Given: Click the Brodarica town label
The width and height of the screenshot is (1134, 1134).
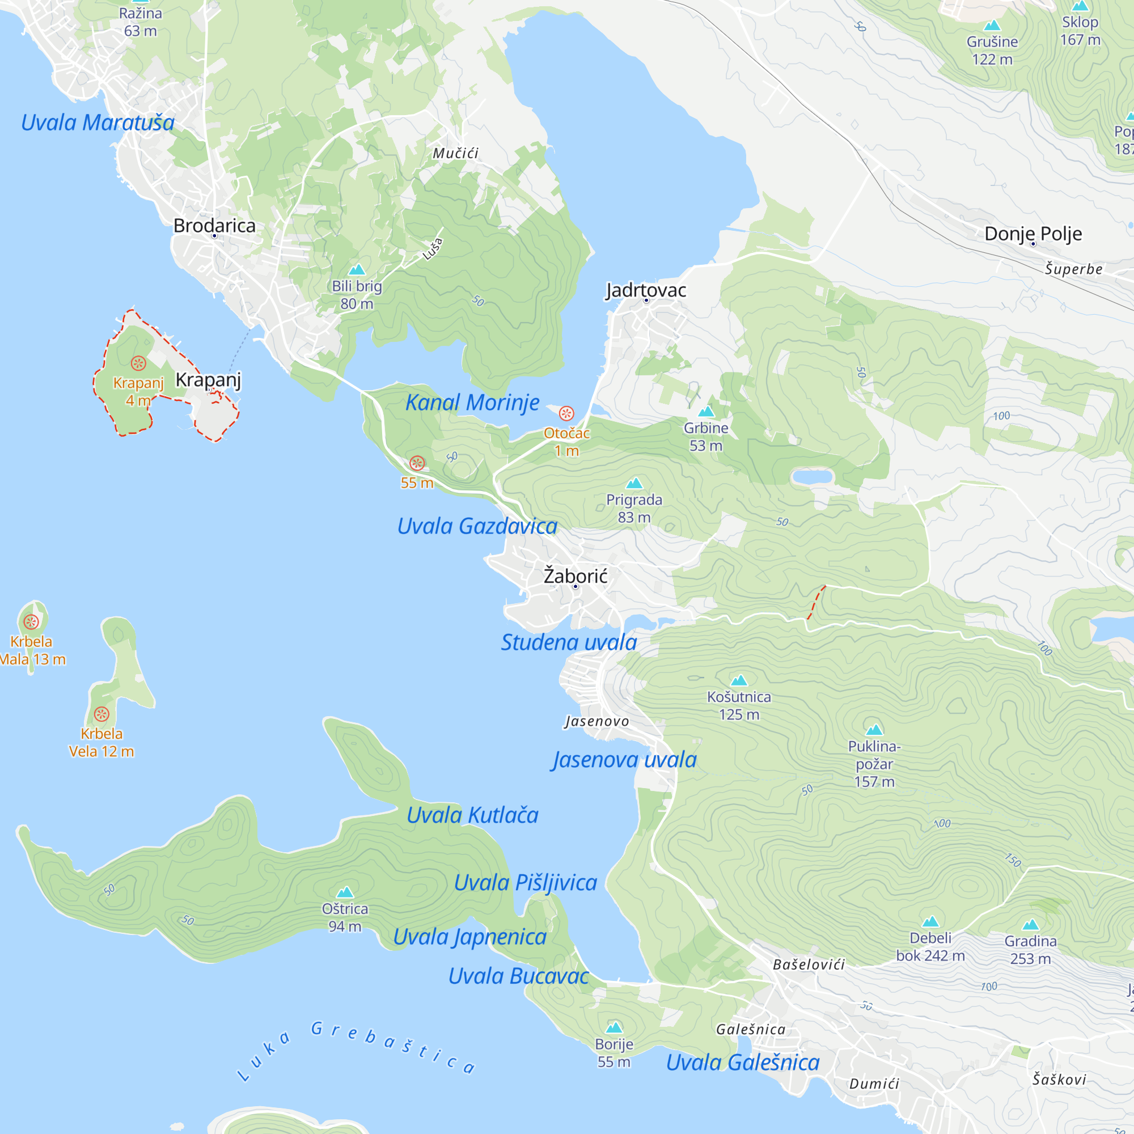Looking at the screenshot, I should (x=214, y=226).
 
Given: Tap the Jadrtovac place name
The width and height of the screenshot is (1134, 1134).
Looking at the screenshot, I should (x=646, y=290).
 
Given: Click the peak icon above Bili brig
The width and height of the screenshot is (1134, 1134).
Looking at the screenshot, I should (x=357, y=270).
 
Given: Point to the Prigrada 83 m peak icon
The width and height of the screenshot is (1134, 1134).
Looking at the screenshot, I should (x=634, y=484).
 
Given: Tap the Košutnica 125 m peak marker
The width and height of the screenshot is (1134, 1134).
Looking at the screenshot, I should (x=739, y=680).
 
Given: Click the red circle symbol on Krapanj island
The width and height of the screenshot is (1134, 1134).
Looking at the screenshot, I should (x=138, y=363).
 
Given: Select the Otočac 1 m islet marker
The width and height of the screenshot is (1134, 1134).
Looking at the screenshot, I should (x=566, y=414).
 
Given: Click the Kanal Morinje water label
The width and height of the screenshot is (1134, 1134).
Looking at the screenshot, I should (x=472, y=403).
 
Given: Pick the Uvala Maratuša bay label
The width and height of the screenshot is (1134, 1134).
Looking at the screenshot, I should (x=98, y=122).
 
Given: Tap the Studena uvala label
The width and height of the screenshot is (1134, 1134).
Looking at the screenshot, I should (x=569, y=642).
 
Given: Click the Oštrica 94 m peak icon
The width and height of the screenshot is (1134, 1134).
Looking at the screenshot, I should (x=345, y=892).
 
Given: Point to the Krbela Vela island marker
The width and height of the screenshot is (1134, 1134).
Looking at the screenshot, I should (x=101, y=714).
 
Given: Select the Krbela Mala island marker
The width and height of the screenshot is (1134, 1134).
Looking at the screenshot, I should (x=31, y=621).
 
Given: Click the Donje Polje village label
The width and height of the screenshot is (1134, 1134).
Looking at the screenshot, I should (x=1033, y=234).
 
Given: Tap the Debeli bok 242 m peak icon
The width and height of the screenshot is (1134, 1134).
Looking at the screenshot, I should (x=930, y=921).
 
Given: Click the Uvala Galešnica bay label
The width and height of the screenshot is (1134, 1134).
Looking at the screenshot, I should (x=743, y=1063).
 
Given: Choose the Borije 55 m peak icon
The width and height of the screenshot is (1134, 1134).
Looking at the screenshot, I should (x=614, y=1027).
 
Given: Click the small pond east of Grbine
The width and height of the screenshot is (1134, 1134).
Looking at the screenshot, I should (x=812, y=477).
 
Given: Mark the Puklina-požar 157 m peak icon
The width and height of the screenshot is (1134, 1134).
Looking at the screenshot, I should (x=874, y=730).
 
